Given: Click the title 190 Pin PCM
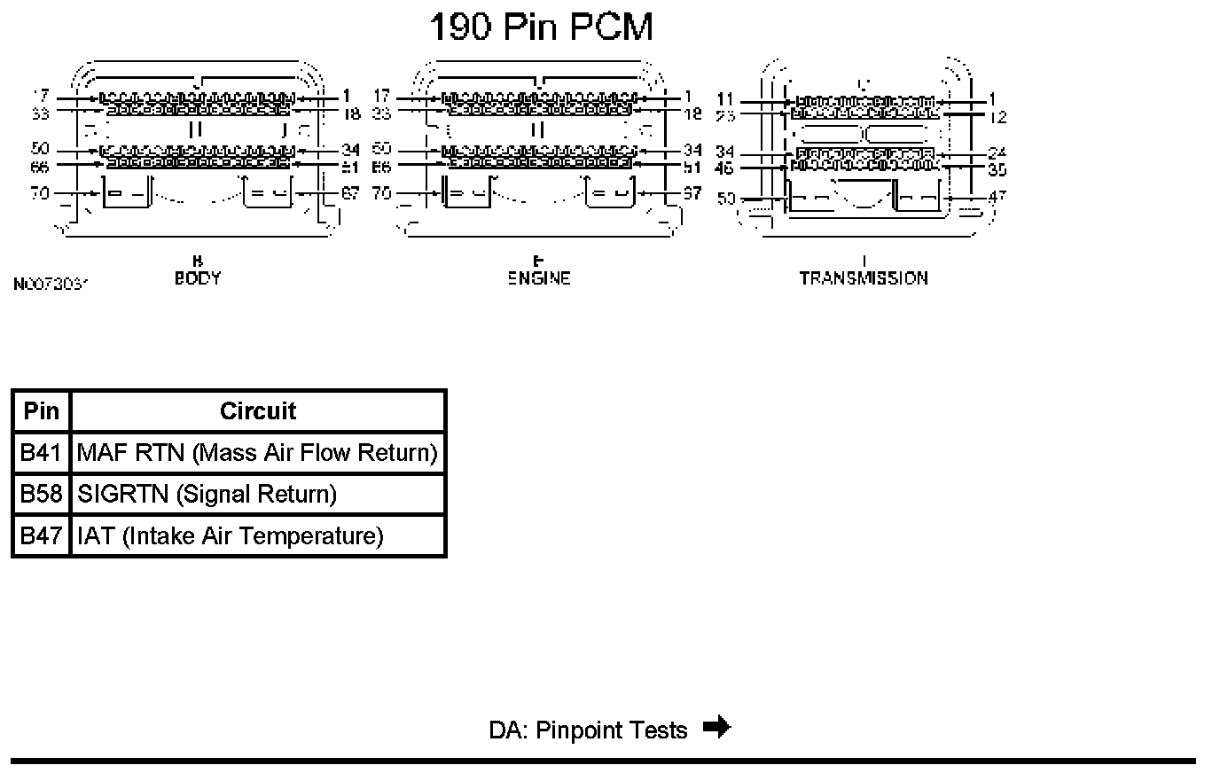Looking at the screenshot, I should [541, 27].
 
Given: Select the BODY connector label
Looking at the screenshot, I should [198, 277].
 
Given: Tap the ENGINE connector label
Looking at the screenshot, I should [538, 277].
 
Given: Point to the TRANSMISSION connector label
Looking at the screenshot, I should [863, 277].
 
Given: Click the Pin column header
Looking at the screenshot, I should [41, 411].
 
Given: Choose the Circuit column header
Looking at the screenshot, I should [257, 411].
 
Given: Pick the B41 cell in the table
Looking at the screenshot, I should [41, 453].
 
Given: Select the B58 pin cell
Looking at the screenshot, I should [41, 494].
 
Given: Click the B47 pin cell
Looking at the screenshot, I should [41, 535].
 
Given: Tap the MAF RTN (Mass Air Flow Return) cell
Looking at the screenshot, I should [257, 453].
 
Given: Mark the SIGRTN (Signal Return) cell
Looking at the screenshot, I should [207, 494].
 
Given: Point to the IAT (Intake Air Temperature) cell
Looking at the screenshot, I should [230, 535].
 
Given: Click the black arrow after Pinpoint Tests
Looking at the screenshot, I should [716, 728].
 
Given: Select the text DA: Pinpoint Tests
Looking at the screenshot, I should [588, 730].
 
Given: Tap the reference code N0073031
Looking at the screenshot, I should [51, 285].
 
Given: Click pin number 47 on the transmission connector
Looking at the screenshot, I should [997, 196].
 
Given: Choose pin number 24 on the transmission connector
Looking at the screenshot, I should [997, 153].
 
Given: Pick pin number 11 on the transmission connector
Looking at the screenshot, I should [726, 100].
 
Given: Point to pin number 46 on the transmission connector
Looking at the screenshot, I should [726, 168].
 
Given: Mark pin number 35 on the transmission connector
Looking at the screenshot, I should [997, 168].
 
